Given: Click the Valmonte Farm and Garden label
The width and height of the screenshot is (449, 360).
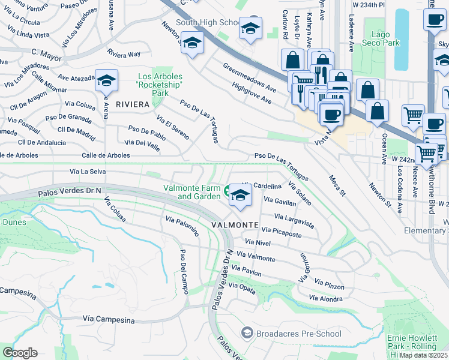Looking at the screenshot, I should click(192, 192).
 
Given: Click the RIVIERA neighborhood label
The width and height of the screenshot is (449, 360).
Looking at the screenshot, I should click(132, 104).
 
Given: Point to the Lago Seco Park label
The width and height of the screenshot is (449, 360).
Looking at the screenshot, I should click(385, 39).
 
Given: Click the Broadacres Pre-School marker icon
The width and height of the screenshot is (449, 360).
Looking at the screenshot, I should click(247, 333).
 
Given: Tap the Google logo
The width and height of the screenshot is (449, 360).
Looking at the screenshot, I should click(20, 352).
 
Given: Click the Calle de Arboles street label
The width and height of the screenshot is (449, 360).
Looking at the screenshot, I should click(106, 155).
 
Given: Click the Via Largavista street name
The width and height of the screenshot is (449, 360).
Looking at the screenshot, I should click(294, 220).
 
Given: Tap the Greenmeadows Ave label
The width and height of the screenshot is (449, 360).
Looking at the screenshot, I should click(249, 77).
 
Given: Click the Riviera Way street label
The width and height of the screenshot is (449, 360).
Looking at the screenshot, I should click(124, 54).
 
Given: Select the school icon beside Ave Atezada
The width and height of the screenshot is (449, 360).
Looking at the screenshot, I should click(106, 81).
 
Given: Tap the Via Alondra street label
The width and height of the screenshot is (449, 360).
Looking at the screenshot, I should click(325, 298).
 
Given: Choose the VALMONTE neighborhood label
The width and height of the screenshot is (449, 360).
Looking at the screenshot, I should click(235, 224).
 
